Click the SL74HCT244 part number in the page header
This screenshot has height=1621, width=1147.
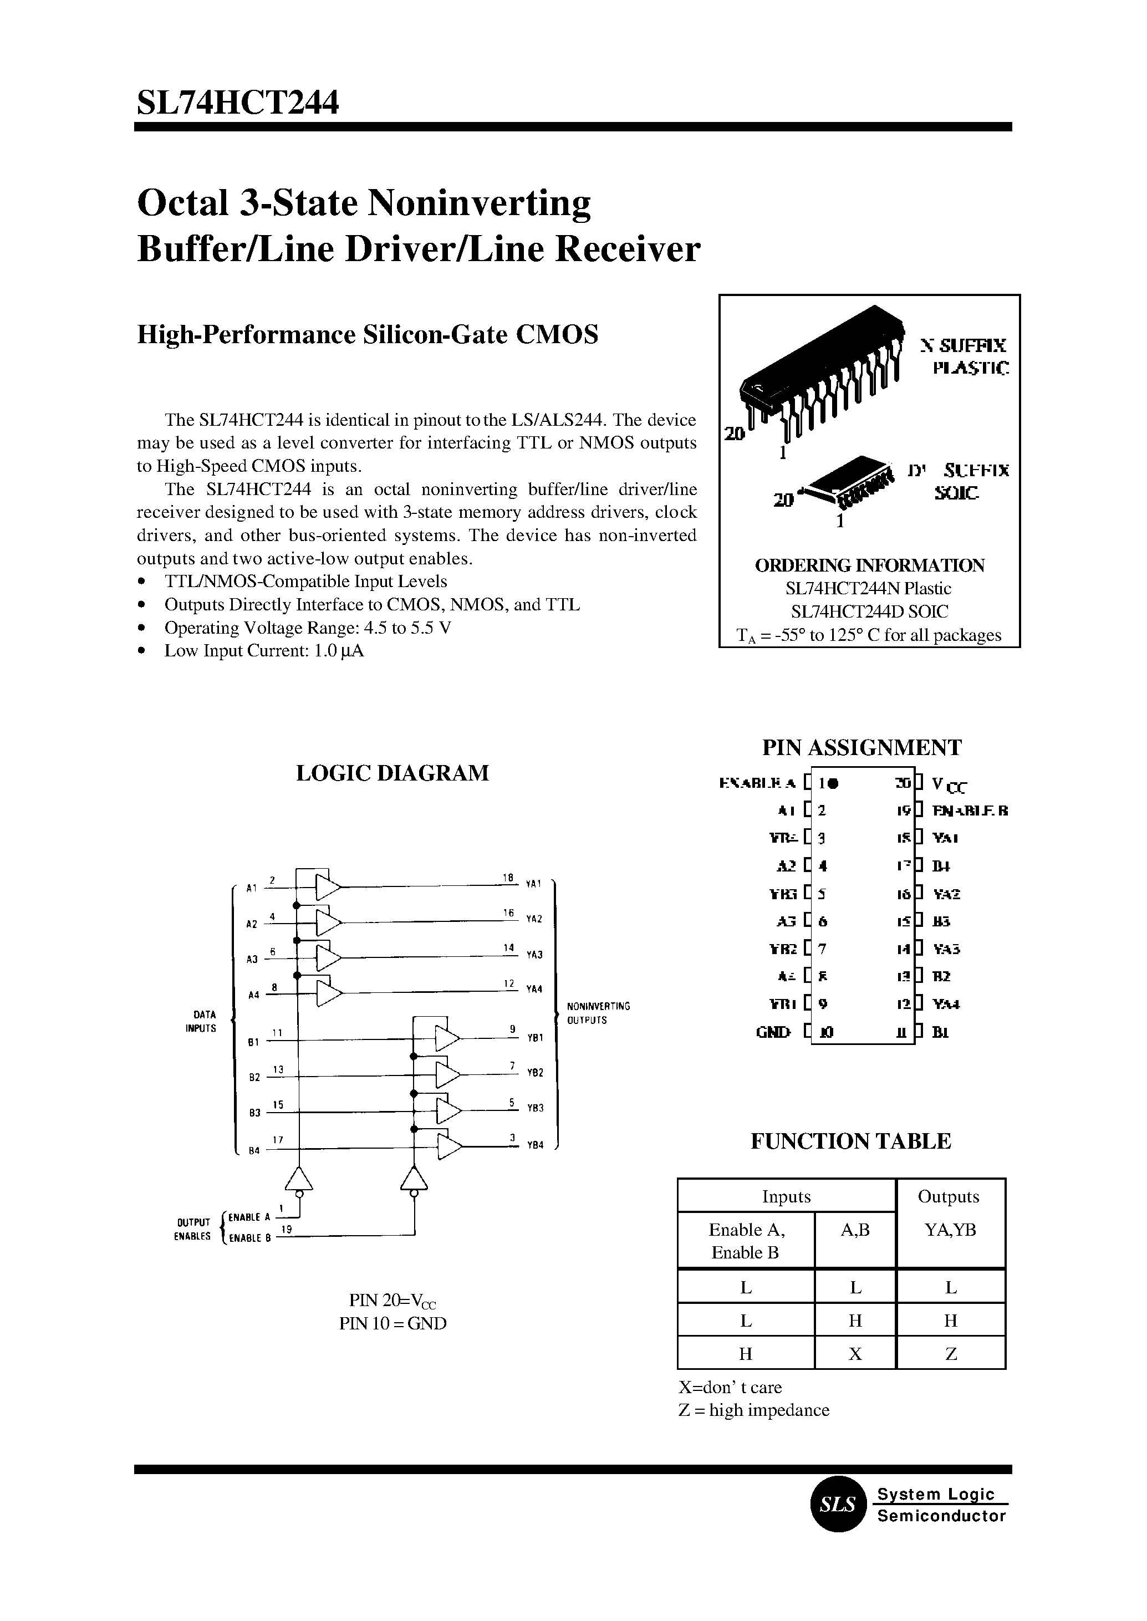point(238,103)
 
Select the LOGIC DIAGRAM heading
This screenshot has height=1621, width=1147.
point(392,773)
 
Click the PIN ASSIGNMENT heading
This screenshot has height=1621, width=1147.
point(861,747)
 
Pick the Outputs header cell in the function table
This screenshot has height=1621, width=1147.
point(948,1196)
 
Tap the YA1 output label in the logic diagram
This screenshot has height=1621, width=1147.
point(533,884)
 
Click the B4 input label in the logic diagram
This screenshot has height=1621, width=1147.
point(253,1150)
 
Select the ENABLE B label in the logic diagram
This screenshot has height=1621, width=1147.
point(250,1237)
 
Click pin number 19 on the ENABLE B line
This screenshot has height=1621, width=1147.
point(287,1230)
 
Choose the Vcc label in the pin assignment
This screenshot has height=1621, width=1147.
point(949,784)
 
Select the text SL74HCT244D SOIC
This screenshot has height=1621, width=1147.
point(869,611)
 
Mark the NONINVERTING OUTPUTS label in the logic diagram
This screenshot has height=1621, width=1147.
point(598,1013)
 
